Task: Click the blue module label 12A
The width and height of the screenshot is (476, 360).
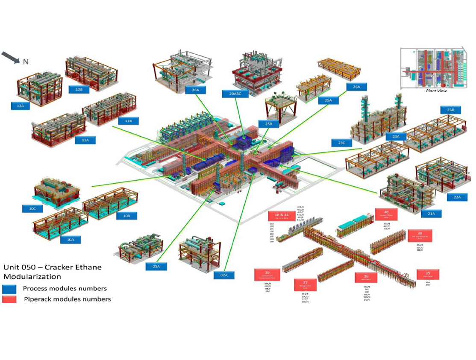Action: [21, 105]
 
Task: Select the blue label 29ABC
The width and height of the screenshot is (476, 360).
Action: [235, 94]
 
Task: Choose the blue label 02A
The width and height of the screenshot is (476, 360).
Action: [224, 275]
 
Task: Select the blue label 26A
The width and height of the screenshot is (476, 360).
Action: [357, 87]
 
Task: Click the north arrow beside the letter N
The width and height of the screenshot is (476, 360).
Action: [11, 57]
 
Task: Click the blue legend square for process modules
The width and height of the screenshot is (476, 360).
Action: [9, 288]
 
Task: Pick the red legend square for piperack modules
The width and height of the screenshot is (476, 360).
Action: [9, 299]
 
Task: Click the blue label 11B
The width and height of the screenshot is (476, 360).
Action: [128, 121]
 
